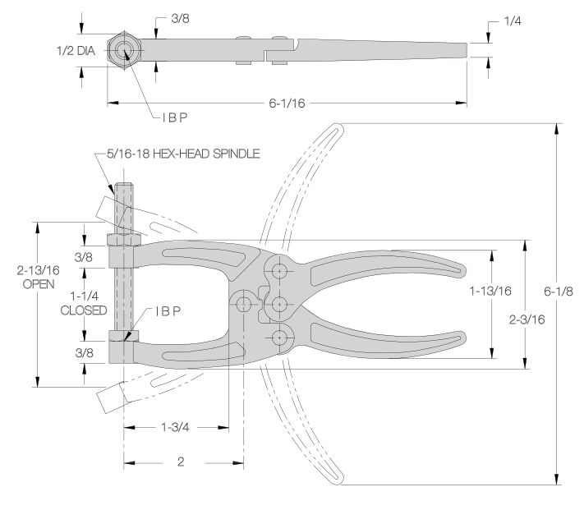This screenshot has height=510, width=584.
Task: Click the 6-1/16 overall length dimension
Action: coord(288,103)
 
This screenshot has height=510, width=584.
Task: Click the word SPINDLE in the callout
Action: coord(236,154)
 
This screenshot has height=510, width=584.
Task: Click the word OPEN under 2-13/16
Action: coord(37,283)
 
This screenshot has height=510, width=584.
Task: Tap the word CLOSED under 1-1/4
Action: coord(83,310)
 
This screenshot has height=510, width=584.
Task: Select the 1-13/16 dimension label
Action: coord(490,291)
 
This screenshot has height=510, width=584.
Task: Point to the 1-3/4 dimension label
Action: coord(177,427)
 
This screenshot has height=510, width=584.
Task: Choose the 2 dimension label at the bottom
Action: coord(181,462)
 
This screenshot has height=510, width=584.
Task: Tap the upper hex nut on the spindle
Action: coord(123,239)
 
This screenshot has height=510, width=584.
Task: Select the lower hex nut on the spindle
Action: coord(123,336)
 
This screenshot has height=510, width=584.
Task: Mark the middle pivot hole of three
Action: coord(280,304)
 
